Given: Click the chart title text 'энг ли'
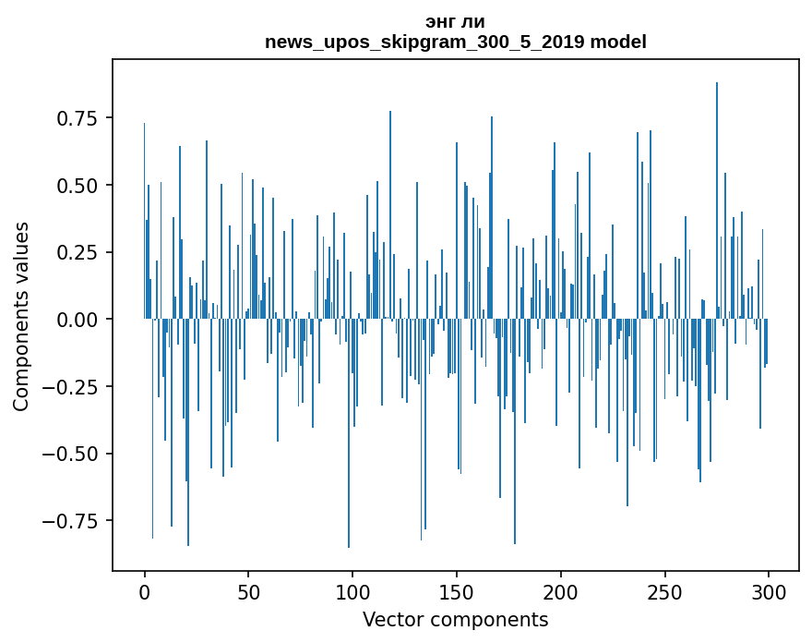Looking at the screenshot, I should [x=455, y=21].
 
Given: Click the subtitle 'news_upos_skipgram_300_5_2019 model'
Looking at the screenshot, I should [x=455, y=42].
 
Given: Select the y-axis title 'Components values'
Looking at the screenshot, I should [x=20, y=316].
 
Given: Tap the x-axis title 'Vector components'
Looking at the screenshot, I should [x=455, y=620].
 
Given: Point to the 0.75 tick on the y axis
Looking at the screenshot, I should [x=78, y=118].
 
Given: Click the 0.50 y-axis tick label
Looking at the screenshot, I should [x=78, y=186].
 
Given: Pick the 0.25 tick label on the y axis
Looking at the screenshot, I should [x=78, y=252].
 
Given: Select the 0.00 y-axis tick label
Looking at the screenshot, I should [x=78, y=320].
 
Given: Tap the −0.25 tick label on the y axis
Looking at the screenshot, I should [x=72, y=386].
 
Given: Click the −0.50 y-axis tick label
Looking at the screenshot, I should [x=72, y=454].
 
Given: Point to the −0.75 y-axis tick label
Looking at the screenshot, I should [x=72, y=520].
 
